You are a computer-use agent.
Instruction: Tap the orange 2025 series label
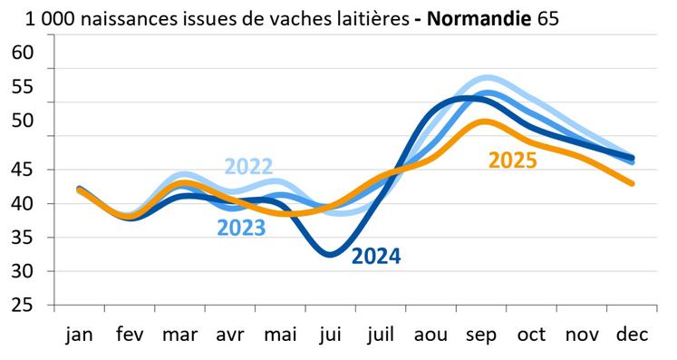point(513,161)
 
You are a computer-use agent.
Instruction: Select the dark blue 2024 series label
point(376,257)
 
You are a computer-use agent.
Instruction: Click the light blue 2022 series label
point(249,167)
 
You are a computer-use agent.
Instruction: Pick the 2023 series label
point(241,228)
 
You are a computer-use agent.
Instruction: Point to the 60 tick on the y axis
point(22,53)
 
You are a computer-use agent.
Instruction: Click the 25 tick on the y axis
point(22,306)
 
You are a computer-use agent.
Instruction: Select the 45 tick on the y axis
point(22,170)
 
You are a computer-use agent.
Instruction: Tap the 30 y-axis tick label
point(22,271)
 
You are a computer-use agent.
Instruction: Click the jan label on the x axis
point(81,335)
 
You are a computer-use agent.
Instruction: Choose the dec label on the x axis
point(632,335)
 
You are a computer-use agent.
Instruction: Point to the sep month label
point(480,335)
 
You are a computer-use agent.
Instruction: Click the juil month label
point(378,335)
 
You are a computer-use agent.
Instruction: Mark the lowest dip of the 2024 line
point(330,254)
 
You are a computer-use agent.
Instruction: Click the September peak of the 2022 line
point(487,78)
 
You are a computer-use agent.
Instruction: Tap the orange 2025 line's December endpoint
point(632,183)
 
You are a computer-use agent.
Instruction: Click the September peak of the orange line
point(484,121)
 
